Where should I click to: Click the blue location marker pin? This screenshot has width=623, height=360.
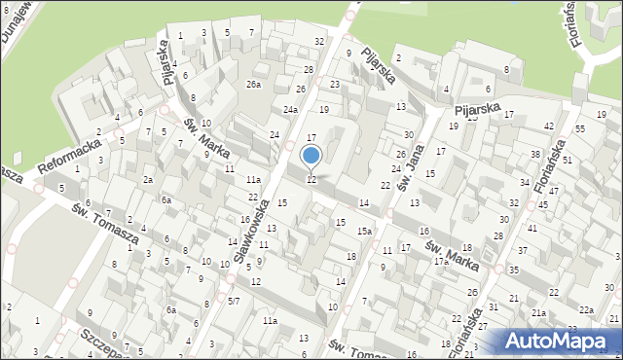(311, 156)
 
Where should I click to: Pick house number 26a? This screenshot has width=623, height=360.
(253, 85)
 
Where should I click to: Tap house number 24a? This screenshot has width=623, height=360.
(290, 109)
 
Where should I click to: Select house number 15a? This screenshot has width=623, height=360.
(363, 231)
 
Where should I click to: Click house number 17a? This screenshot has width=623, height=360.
(441, 262)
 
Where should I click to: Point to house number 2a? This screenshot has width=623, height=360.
(148, 180)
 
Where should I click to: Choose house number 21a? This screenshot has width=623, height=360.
(538, 312)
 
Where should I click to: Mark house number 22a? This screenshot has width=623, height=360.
(586, 309)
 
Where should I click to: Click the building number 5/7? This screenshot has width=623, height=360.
(234, 302)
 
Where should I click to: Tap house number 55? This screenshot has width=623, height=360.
(580, 128)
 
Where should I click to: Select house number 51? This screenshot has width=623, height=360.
(567, 159)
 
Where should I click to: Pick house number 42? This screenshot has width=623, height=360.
(549, 126)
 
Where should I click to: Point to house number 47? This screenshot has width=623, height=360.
(553, 192)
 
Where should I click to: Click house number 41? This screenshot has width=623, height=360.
(531, 228)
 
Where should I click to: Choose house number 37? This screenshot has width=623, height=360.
(522, 251)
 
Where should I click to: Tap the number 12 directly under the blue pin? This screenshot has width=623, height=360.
(311, 180)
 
